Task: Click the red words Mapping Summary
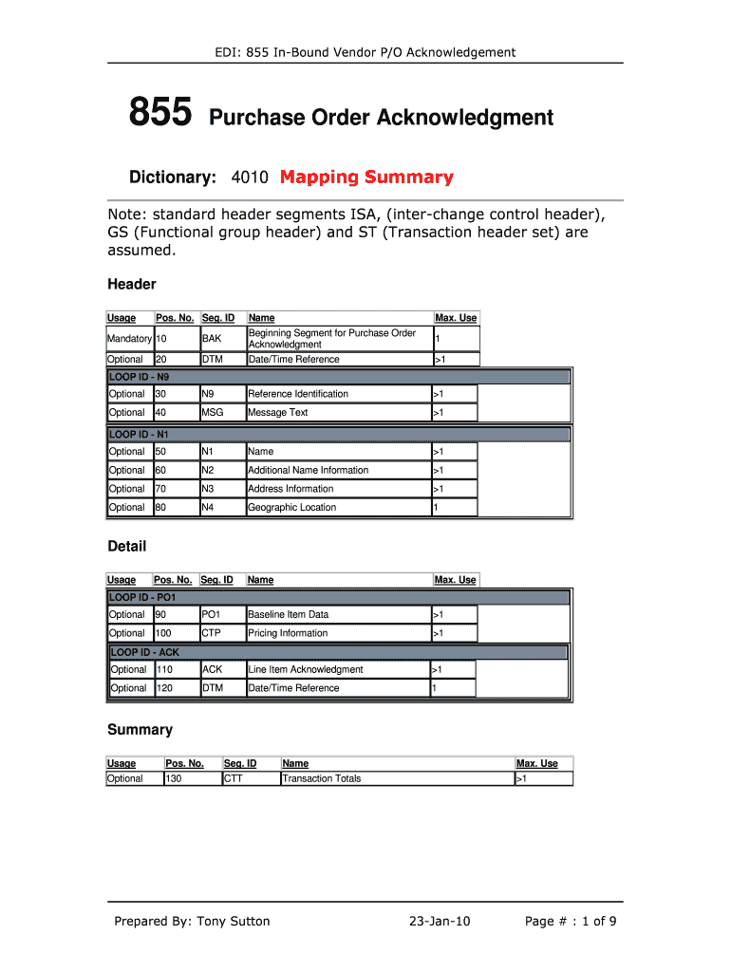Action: click(x=366, y=178)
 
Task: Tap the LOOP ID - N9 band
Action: click(x=337, y=377)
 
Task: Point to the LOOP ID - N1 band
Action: click(x=337, y=434)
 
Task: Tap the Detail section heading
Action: click(x=127, y=546)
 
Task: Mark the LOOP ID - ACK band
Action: click(x=337, y=652)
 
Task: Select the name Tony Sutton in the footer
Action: click(x=234, y=921)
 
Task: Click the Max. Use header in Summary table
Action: click(x=536, y=763)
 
